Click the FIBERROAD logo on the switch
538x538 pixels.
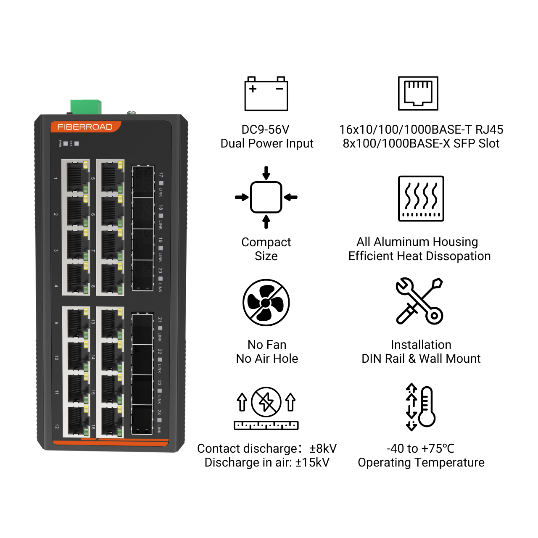[85, 127]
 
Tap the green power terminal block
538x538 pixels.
[86, 107]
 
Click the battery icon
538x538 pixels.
[266, 94]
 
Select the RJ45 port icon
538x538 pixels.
[418, 93]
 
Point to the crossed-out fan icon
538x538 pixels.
[266, 303]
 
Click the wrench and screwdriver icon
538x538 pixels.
[419, 301]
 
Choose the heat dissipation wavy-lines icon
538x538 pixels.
[421, 198]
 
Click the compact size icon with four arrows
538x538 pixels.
[266, 197]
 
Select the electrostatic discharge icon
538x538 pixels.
[266, 408]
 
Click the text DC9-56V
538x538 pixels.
[266, 129]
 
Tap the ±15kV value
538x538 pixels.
[313, 463]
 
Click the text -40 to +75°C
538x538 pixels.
[420, 448]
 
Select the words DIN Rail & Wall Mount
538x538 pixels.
[421, 359]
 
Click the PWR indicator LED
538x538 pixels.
[66, 143]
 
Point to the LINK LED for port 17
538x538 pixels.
[161, 183]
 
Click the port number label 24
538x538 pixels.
[159, 412]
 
